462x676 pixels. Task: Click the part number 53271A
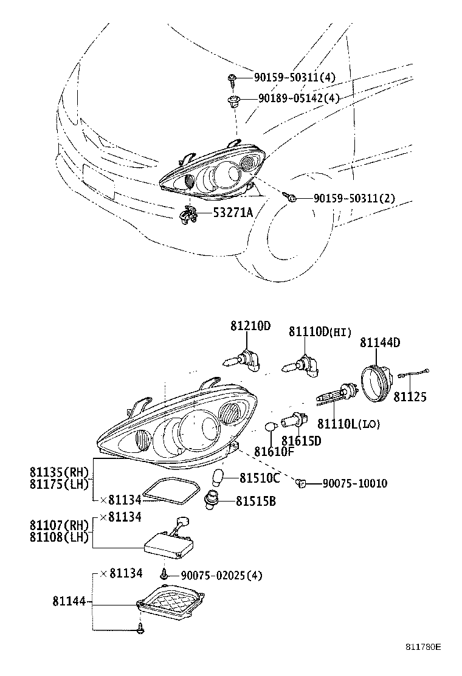tap(233, 212)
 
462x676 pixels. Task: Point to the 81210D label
tap(250, 326)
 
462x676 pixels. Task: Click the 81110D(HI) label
tap(320, 331)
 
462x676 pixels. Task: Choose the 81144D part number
tap(380, 343)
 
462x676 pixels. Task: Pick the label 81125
tap(410, 397)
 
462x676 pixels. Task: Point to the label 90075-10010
tap(354, 483)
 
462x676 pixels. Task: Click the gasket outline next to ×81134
tap(171, 491)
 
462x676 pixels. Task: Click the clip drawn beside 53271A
tap(188, 215)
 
